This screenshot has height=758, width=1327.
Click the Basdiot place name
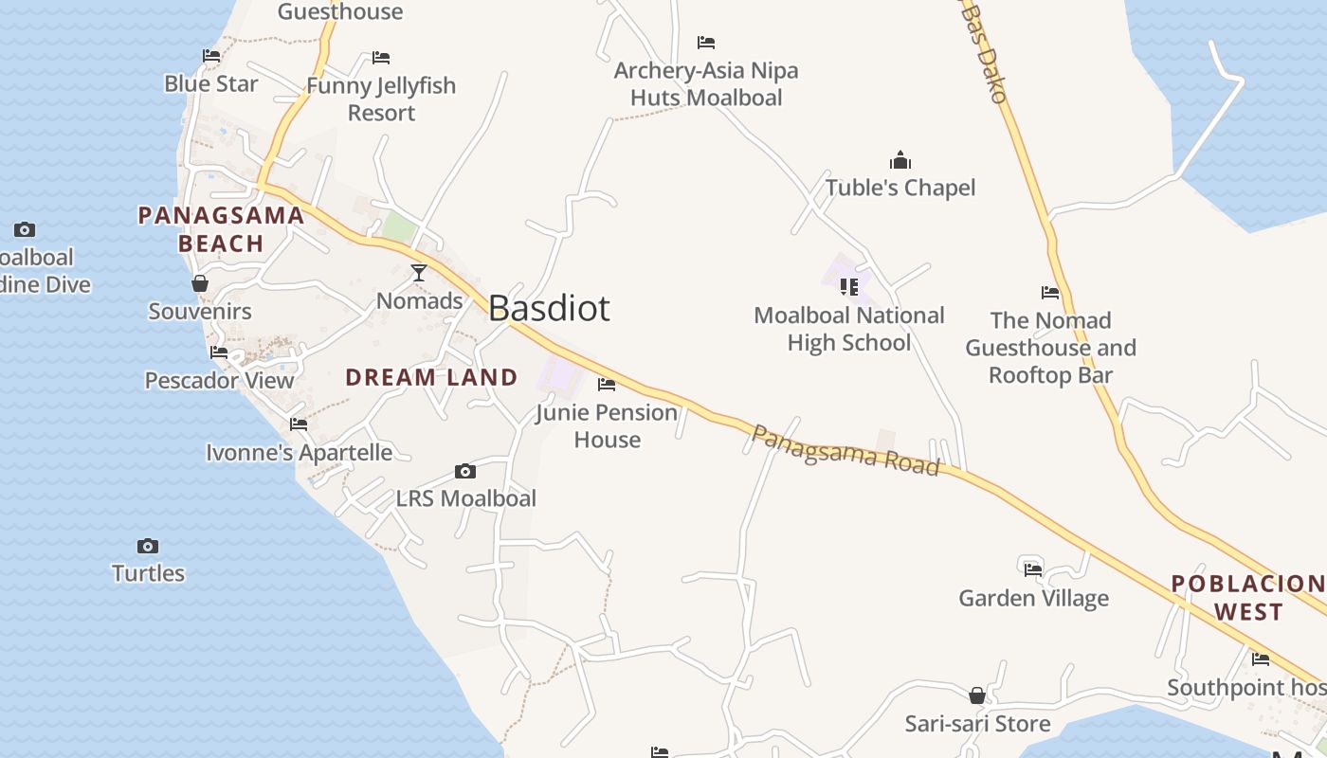(549, 309)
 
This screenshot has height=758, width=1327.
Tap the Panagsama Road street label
(845, 450)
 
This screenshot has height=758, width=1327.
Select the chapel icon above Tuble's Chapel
(900, 160)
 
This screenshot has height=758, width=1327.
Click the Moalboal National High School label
(849, 329)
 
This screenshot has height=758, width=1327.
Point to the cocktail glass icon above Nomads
(418, 274)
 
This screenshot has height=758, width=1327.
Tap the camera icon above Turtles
(147, 546)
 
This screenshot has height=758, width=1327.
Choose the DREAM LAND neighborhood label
(431, 377)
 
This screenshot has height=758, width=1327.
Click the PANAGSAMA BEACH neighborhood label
(221, 229)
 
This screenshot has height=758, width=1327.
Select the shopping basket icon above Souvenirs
(200, 283)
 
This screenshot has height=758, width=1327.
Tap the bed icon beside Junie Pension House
(607, 385)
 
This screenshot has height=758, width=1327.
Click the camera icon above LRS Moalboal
(464, 471)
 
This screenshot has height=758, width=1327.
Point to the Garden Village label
(1033, 598)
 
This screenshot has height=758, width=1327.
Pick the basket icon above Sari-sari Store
(977, 696)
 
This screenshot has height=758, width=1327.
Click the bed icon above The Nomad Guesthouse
(1050, 293)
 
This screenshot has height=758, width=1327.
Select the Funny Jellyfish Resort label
(381, 99)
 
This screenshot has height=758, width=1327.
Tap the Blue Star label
(211, 83)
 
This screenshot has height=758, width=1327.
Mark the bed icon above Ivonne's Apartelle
(299, 424)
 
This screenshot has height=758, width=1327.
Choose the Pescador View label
(219, 380)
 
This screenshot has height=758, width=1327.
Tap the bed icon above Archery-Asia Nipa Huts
(705, 43)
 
